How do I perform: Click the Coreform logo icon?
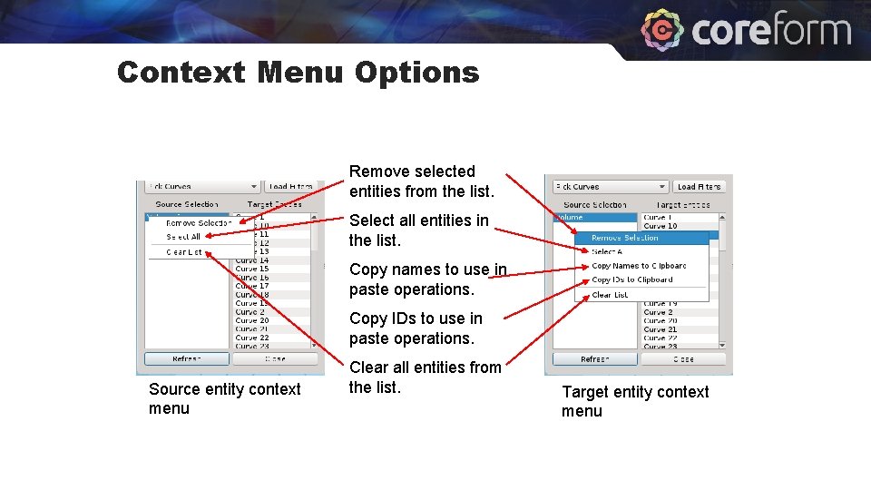(662, 31)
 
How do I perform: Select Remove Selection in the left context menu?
(199, 223)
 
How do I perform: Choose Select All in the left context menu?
(183, 237)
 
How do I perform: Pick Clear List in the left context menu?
(184, 252)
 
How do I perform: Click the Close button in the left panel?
(274, 358)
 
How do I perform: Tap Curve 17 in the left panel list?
(251, 286)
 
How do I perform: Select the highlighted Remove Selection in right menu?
(625, 238)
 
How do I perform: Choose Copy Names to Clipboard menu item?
(639, 266)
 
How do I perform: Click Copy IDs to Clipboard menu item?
(632, 279)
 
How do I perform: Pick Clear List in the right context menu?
(610, 295)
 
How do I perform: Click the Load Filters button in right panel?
(699, 187)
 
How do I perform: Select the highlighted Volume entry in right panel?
(594, 218)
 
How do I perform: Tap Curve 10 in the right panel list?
(660, 226)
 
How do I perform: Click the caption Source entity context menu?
(224, 398)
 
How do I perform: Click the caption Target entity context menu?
(635, 401)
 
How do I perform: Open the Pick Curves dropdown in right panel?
(611, 187)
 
